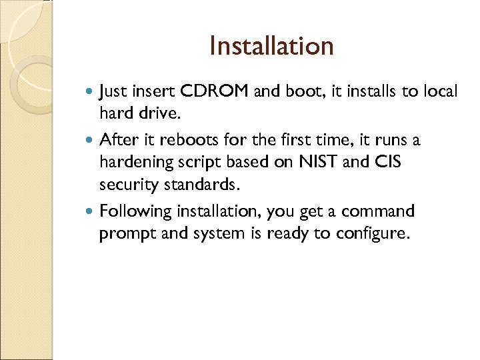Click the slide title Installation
pos(271,46)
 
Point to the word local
pos(439,91)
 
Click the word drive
pos(159,114)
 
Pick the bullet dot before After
pos(92,141)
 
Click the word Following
pos(135,212)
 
